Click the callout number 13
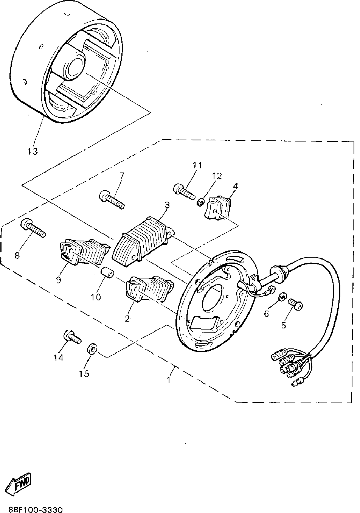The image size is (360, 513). [33, 151]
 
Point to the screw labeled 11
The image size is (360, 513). [184, 190]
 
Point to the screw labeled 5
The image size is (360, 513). [295, 304]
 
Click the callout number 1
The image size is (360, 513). [169, 380]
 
